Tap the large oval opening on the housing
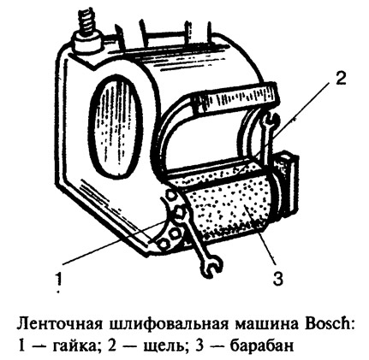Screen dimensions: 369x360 point(116,125)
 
